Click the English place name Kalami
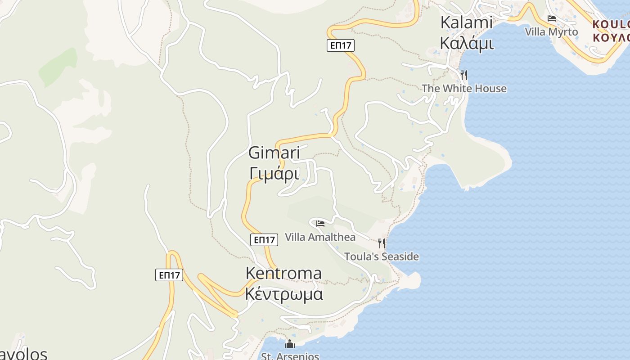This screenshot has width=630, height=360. click(466, 22)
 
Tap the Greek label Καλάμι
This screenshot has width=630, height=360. click(466, 43)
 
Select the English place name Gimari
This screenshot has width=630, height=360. click(274, 153)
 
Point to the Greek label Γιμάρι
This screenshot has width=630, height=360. click(274, 173)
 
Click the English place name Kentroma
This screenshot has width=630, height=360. click(283, 273)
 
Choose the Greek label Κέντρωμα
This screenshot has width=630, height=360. click(283, 294)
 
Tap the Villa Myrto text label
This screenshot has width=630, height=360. click(551, 32)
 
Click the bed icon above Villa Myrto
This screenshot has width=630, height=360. click(552, 18)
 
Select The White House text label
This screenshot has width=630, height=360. click(464, 89)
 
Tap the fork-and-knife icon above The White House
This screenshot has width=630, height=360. click(464, 75)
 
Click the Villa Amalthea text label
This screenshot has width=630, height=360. click(320, 237)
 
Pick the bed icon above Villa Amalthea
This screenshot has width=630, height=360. click(320, 223)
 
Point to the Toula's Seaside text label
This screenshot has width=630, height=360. click(381, 257)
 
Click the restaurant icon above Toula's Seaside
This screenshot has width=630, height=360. click(382, 243)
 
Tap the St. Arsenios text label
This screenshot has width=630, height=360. click(290, 356)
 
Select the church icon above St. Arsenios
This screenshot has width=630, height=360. click(290, 344)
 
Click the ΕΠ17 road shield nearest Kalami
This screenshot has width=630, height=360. click(341, 45)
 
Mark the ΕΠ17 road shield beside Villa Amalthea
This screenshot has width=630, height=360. click(264, 240)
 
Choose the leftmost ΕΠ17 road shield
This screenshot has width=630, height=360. click(169, 275)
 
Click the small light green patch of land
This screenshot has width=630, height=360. click(58, 67)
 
